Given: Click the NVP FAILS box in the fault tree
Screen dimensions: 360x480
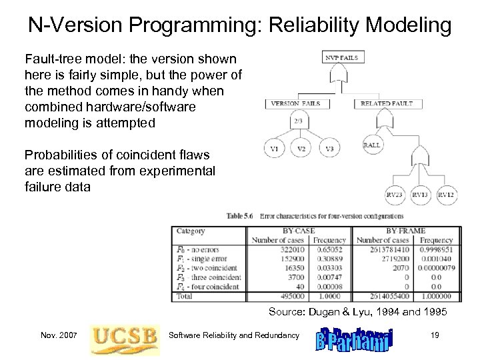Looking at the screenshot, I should point(341,57).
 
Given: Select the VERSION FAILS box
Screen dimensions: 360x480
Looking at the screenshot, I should point(295,103).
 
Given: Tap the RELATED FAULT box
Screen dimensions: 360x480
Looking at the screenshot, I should point(387,103).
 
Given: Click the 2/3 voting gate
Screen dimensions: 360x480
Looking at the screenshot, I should point(297,121).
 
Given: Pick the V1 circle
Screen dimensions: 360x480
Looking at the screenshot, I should point(273,149).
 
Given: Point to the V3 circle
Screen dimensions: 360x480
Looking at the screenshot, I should point(329,149).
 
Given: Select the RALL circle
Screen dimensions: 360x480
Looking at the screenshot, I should point(371,145).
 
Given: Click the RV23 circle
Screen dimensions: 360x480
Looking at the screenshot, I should point(395,195).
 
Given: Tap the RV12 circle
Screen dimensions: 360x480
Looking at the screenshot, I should point(446,195).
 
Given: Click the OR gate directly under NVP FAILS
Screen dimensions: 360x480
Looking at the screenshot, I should point(341,74).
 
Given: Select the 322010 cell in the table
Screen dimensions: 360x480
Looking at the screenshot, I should point(293,249).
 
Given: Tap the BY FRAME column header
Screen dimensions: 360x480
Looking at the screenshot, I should point(405,231).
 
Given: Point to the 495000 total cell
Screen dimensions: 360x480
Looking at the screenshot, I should point(292,296).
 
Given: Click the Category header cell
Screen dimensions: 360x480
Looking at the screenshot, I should point(191,231).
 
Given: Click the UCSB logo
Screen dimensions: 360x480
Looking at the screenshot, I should point(125,336).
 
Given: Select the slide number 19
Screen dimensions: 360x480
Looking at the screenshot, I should point(435,335).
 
